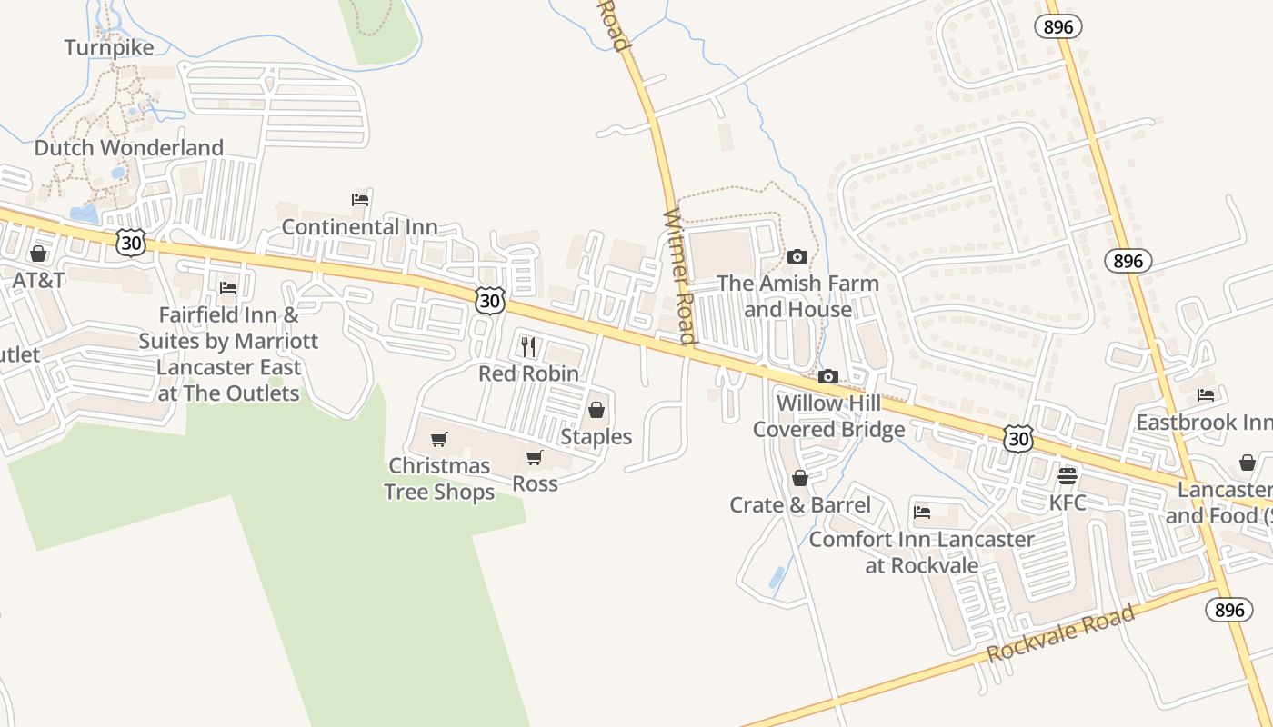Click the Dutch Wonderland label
point(128,147)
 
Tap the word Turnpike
point(109,47)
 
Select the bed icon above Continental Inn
point(360,200)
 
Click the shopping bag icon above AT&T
point(38,254)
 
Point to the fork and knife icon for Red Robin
point(528,346)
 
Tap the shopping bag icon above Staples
point(596,410)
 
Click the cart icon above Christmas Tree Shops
point(439,440)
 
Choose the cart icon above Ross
point(535,457)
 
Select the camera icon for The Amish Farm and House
point(797,257)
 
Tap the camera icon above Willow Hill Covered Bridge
point(827,376)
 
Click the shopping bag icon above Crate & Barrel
point(800,478)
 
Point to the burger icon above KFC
point(1068,476)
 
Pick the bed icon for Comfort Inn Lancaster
point(922,513)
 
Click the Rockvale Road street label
point(1061,633)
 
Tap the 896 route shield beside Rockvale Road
point(1229,610)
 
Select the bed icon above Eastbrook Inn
point(1206,395)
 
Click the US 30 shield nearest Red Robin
point(489,301)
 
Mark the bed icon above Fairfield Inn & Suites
point(228,288)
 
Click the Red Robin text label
point(528,373)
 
